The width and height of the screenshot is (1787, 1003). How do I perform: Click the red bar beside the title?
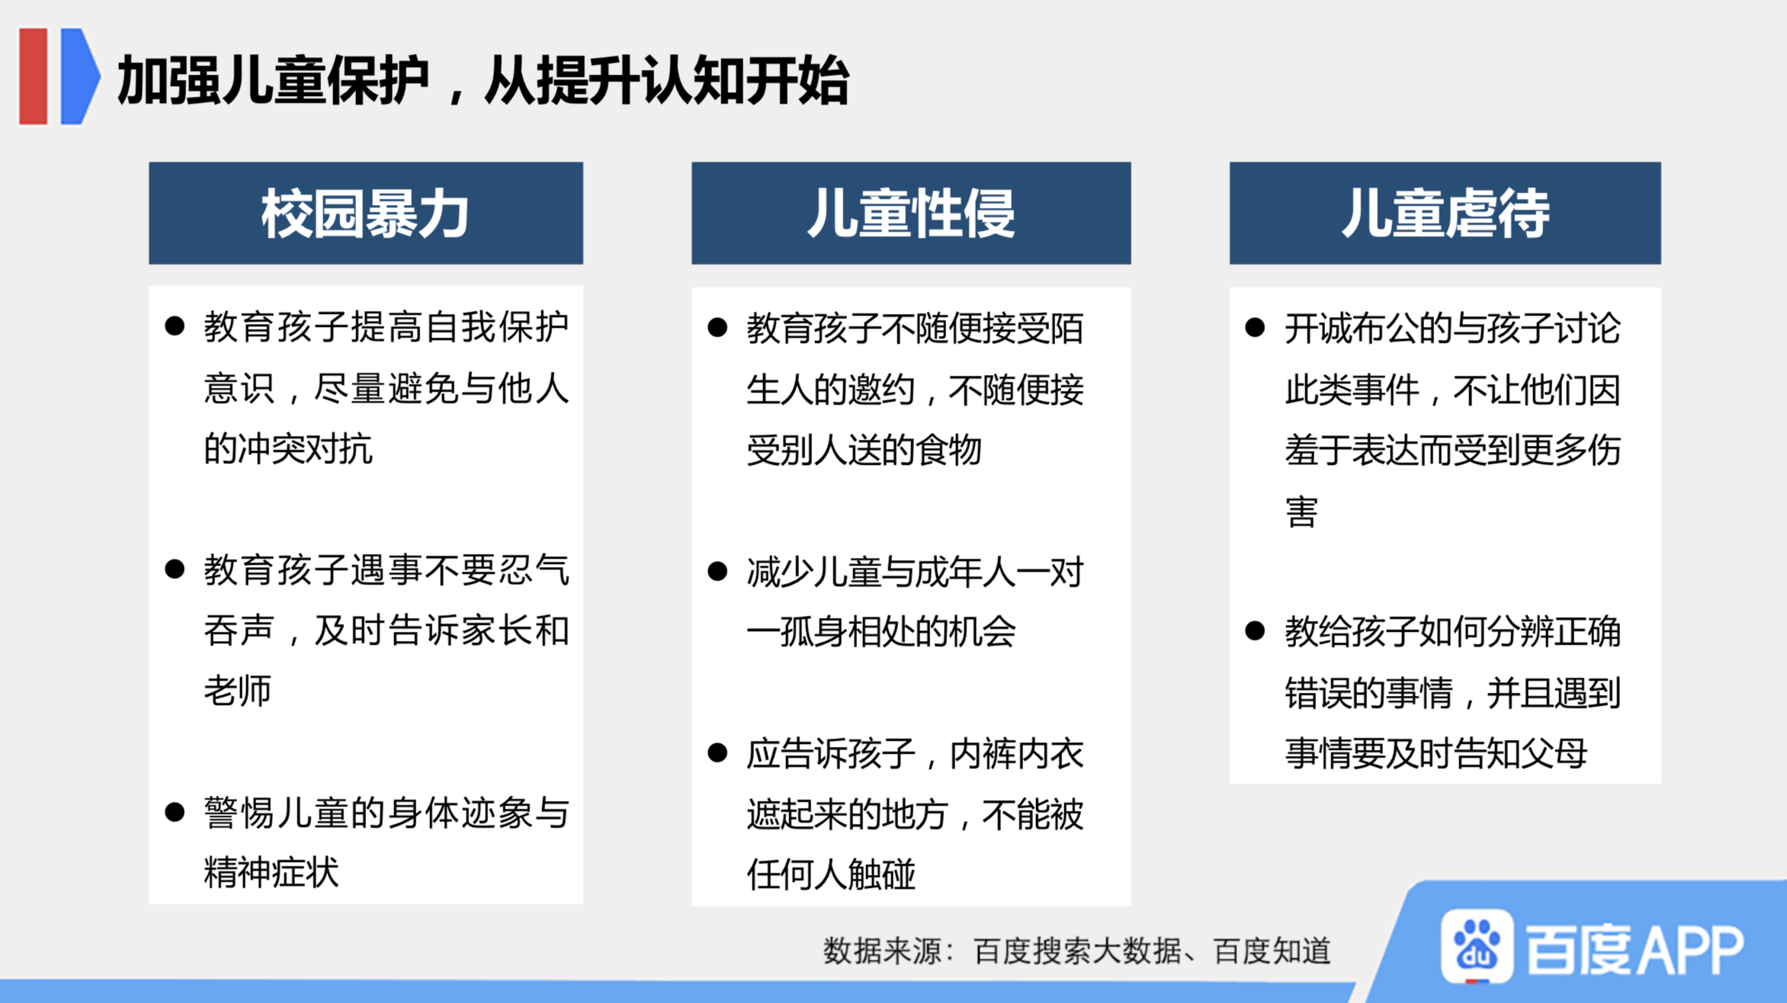pyautogui.click(x=34, y=75)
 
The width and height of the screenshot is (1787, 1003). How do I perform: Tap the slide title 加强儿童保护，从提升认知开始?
pyautogui.click(x=483, y=80)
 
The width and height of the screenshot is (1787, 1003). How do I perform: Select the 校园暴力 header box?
pyautogui.click(x=366, y=213)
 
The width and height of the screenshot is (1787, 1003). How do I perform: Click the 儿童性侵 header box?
pyautogui.click(x=911, y=213)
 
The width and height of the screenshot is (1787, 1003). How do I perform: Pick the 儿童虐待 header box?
pyautogui.click(x=1445, y=213)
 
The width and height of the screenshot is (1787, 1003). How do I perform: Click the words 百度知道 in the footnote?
pyautogui.click(x=1272, y=951)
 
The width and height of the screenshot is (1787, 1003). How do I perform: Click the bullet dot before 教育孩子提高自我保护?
pyautogui.click(x=175, y=327)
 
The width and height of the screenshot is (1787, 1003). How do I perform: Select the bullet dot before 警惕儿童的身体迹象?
pyautogui.click(x=175, y=812)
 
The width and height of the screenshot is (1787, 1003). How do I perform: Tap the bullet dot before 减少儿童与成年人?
pyautogui.click(x=717, y=572)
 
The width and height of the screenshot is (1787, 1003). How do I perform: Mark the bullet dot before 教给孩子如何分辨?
pyautogui.click(x=1255, y=631)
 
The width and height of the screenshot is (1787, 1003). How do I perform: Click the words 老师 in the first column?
pyautogui.click(x=238, y=691)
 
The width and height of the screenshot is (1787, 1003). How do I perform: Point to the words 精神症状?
pyautogui.click(x=271, y=872)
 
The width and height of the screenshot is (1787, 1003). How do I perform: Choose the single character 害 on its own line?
pyautogui.click(x=1301, y=511)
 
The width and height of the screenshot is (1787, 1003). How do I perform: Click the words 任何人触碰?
pyautogui.click(x=831, y=874)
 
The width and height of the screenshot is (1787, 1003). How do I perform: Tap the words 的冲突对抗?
pyautogui.click(x=288, y=449)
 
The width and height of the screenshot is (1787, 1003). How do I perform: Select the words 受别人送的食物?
pyautogui.click(x=864, y=450)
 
